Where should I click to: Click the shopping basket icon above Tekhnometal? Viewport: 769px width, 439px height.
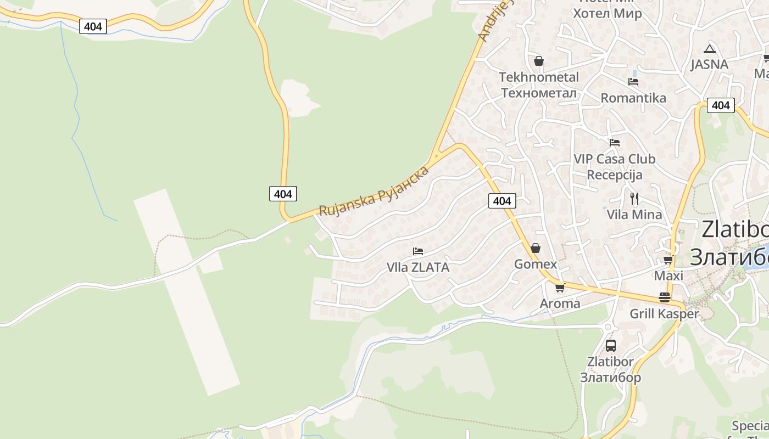click(x=538, y=60)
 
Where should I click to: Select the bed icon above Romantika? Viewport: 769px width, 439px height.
click(x=633, y=82)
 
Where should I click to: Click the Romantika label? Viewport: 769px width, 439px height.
click(x=633, y=98)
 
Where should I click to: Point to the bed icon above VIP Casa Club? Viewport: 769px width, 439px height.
click(x=615, y=143)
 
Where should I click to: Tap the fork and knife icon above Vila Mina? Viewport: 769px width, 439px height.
click(x=634, y=198)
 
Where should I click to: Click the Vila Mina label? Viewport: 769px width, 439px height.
click(x=634, y=215)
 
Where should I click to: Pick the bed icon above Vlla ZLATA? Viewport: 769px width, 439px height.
click(x=418, y=251)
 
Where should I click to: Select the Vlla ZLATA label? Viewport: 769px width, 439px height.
click(x=418, y=268)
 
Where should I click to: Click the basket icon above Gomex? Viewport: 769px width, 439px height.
click(x=536, y=248)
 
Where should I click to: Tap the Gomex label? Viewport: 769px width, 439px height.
click(x=536, y=264)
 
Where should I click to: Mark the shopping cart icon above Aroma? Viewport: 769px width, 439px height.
click(x=560, y=288)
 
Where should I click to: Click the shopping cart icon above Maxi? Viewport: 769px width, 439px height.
click(x=668, y=260)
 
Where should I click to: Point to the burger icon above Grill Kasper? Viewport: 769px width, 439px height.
click(x=665, y=297)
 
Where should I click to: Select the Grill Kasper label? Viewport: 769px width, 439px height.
click(x=664, y=314)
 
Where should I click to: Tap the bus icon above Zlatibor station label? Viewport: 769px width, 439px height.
click(x=610, y=345)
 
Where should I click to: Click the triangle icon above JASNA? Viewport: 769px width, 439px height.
click(x=710, y=49)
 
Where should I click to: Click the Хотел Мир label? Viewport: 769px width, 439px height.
click(x=607, y=13)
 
